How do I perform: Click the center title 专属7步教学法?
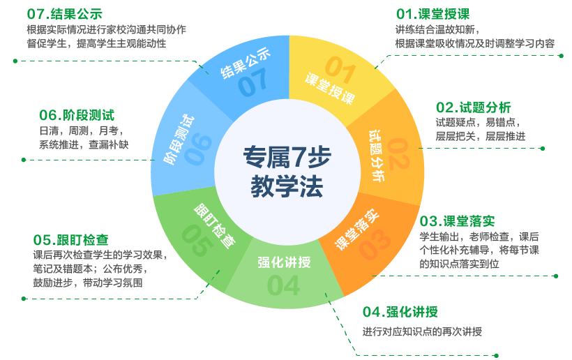click(x=287, y=172)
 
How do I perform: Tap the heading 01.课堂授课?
click(x=432, y=14)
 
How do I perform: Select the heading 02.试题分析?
click(x=474, y=107)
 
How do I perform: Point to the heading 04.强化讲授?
click(x=400, y=312)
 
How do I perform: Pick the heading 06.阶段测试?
click(x=77, y=115)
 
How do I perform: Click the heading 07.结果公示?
click(x=64, y=14)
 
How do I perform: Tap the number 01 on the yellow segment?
click(x=342, y=68)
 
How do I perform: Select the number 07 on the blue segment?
click(x=252, y=85)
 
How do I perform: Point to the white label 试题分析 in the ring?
click(x=377, y=155)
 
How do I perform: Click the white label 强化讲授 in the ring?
click(x=284, y=262)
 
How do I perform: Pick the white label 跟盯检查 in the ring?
click(x=214, y=227)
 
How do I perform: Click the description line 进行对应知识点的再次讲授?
click(x=422, y=332)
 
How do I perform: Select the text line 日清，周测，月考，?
click(x=81, y=130)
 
